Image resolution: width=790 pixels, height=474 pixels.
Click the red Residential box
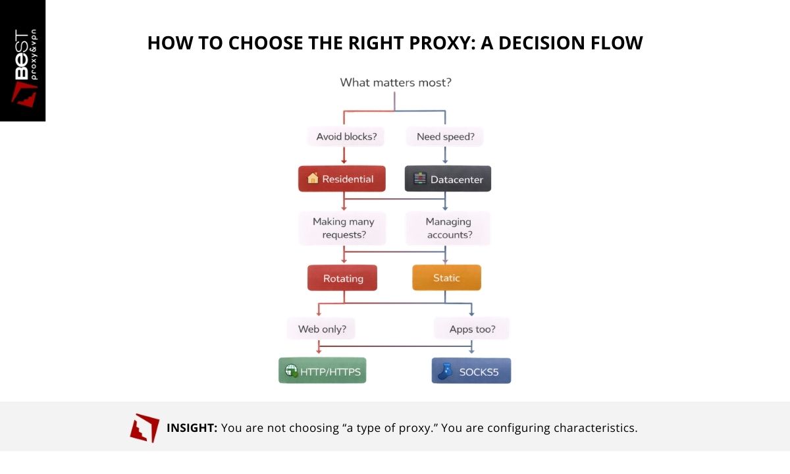click(x=342, y=179)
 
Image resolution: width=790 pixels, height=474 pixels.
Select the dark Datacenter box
click(x=448, y=179)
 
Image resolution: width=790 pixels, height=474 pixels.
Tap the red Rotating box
click(x=342, y=278)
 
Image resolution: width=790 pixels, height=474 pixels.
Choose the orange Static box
click(x=446, y=278)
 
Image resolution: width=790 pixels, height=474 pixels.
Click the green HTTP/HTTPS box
click(x=322, y=371)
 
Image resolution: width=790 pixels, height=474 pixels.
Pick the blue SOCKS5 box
click(x=471, y=371)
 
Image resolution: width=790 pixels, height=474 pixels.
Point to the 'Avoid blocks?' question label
click(x=346, y=137)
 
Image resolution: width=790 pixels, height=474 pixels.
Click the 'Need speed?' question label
click(x=445, y=137)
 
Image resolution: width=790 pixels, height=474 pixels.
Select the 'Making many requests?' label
click(x=342, y=228)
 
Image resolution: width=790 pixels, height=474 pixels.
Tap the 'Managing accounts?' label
click(x=448, y=228)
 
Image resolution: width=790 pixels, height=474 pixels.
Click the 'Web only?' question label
click(x=322, y=329)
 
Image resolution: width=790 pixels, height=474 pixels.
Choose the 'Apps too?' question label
click(x=471, y=329)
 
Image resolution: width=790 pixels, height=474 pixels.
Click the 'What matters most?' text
click(x=395, y=82)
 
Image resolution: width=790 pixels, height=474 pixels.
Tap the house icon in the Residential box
click(x=313, y=178)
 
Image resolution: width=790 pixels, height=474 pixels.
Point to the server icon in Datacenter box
click(x=419, y=179)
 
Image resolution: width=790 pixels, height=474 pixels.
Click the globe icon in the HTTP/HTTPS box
click(x=290, y=371)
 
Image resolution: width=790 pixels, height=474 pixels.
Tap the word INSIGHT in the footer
click(x=192, y=428)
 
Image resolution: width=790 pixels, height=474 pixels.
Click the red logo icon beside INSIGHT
click(x=145, y=428)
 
